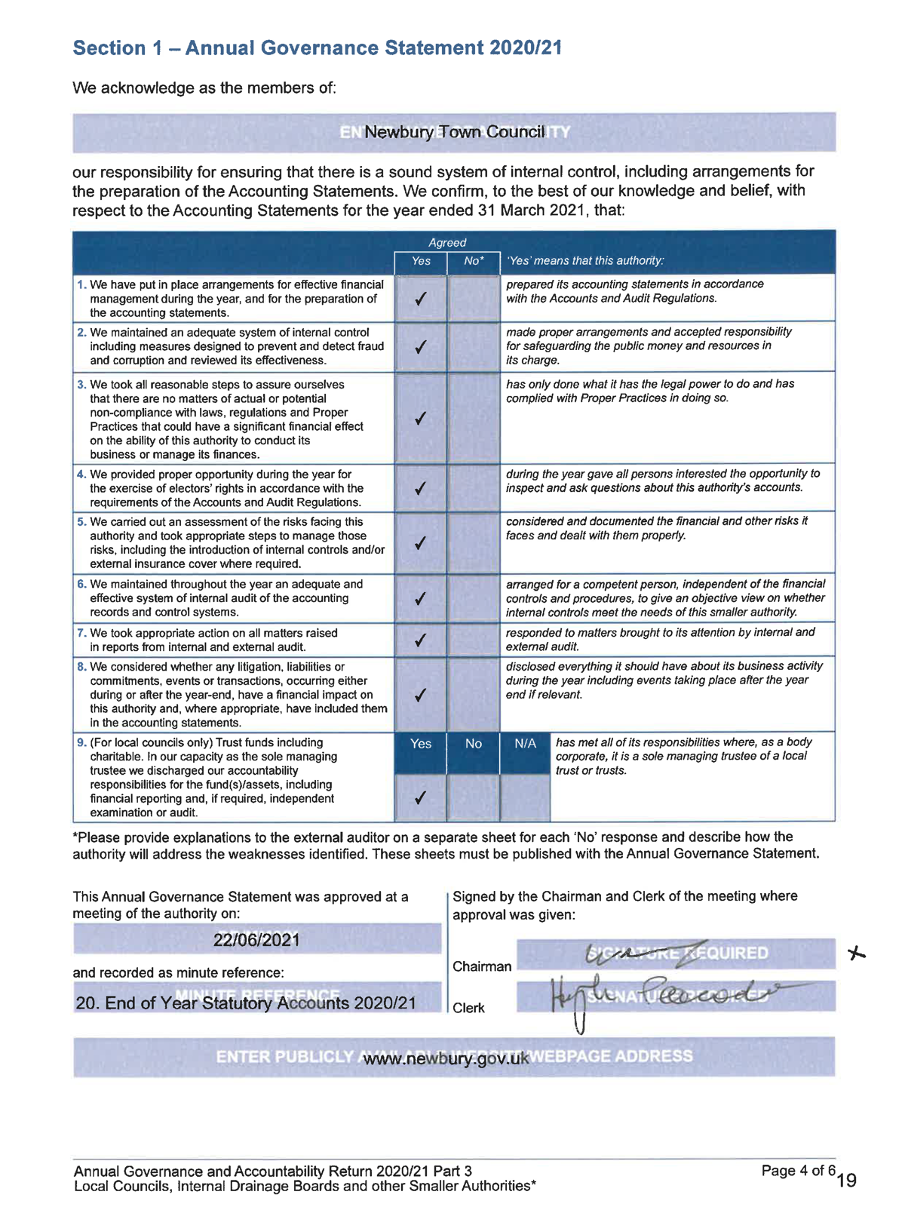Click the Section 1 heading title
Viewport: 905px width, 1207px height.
click(x=318, y=48)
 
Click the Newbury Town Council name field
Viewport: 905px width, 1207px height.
click(x=454, y=132)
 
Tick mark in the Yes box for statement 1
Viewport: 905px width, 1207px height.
click(x=421, y=299)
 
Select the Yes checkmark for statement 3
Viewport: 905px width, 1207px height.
click(x=421, y=418)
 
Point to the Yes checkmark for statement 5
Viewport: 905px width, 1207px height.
click(x=421, y=543)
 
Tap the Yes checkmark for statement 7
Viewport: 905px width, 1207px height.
click(x=421, y=640)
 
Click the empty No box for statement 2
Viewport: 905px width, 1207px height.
click(x=473, y=347)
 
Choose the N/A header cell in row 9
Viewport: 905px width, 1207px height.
click(x=525, y=744)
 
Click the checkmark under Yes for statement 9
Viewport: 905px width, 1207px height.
click(x=421, y=797)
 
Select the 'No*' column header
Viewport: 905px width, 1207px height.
click(x=473, y=261)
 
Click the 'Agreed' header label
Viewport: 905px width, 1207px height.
click(x=447, y=243)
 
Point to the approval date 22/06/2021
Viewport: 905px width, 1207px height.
click(x=256, y=940)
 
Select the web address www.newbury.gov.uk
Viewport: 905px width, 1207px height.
click(x=446, y=1058)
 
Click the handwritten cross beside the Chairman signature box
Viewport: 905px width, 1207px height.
click(x=856, y=954)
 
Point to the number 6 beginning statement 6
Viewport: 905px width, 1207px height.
click(x=81, y=584)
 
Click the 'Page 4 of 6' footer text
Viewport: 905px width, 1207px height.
click(x=798, y=1171)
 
